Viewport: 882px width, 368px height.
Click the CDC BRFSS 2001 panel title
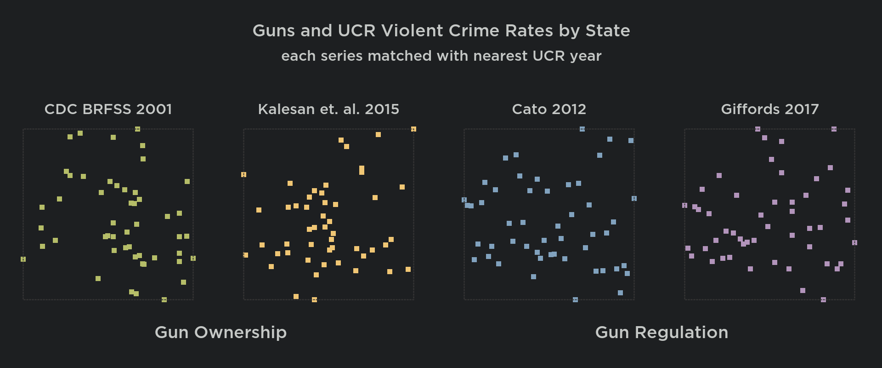pos(108,109)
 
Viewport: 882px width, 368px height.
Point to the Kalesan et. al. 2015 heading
pos(328,109)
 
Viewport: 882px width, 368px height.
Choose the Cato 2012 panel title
pos(549,109)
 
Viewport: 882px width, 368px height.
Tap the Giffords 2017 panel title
pos(769,109)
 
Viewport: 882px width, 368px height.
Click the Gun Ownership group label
pos(220,333)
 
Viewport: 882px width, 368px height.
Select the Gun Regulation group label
pos(661,333)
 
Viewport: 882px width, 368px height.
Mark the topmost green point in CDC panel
pos(137,129)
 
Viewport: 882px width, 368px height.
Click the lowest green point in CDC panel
pos(164,300)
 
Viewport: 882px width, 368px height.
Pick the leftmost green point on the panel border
pos(23,259)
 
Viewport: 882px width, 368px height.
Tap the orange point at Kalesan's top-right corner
pos(413,129)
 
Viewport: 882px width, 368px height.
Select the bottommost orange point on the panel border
pos(314,300)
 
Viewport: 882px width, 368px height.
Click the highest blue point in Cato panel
pos(582,129)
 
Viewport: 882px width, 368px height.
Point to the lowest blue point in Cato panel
pos(575,300)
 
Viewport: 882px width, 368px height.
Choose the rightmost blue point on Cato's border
pos(634,199)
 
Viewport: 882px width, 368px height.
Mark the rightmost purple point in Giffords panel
pos(854,243)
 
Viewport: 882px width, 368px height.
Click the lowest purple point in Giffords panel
pos(823,300)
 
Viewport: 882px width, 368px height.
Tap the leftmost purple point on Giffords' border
pos(684,206)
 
